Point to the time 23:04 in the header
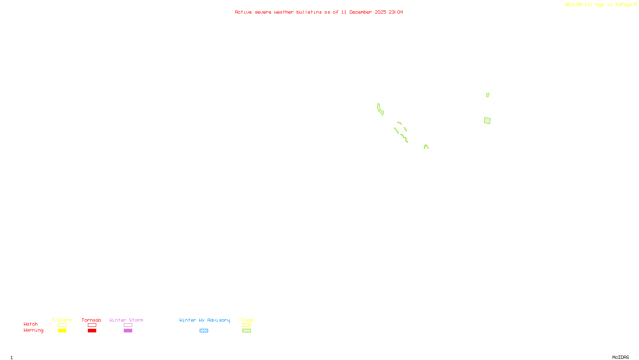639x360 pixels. pos(396,12)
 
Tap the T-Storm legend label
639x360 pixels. pos(62,320)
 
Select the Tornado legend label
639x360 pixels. pos(91,320)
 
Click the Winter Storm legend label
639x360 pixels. pos(126,320)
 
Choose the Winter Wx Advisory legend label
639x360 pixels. pos(204,320)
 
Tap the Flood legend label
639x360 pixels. pos(246,320)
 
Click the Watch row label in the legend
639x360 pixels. pos(31,324)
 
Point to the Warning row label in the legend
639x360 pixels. pos(33,330)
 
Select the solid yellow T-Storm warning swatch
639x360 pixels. pos(62,331)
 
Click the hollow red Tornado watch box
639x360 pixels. pos(92,325)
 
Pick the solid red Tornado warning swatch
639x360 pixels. pos(92,331)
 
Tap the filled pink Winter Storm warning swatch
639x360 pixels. pos(128,331)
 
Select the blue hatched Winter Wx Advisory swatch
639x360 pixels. pos(204,331)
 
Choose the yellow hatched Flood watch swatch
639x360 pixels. pos(246,325)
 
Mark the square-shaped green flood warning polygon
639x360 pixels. pos(487,120)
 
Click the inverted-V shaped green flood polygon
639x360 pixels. pos(426,146)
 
